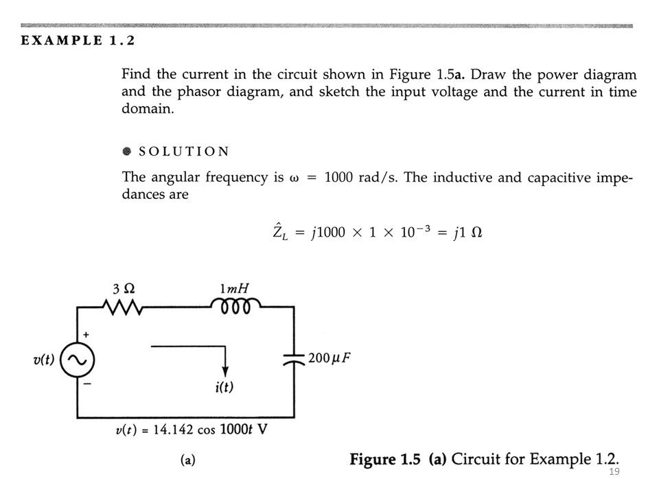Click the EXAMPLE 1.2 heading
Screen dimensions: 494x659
click(x=78, y=40)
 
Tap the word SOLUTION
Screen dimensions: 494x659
click(x=184, y=152)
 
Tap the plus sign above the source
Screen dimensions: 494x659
click(x=86, y=333)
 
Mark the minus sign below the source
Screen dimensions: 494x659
click(x=86, y=386)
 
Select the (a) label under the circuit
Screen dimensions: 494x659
click(x=187, y=460)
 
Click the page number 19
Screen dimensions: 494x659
click(x=614, y=473)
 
